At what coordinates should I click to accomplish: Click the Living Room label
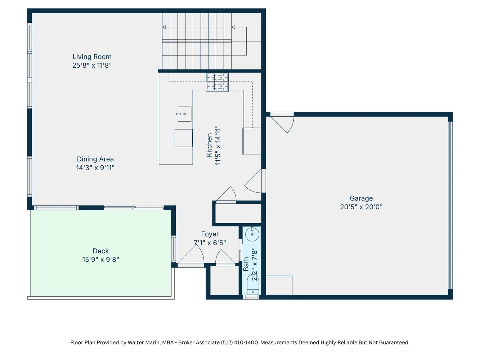(92, 57)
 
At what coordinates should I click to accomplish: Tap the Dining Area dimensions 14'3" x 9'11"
(95, 168)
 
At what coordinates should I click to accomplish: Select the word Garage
(361, 198)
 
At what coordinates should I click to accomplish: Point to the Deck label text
(100, 251)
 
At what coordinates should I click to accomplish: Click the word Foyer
(210, 234)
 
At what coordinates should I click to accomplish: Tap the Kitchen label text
(209, 145)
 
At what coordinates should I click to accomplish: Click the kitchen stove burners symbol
(217, 82)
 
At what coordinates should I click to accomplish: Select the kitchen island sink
(184, 114)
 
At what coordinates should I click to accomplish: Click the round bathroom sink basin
(252, 234)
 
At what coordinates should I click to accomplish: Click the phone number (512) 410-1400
(240, 342)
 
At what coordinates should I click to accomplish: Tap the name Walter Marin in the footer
(143, 342)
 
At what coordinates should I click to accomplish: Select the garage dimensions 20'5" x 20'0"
(361, 207)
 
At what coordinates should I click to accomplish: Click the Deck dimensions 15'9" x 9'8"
(100, 260)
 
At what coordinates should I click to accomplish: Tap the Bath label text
(246, 264)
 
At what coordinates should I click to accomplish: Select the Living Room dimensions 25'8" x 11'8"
(92, 66)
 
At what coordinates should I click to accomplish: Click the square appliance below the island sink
(184, 138)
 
